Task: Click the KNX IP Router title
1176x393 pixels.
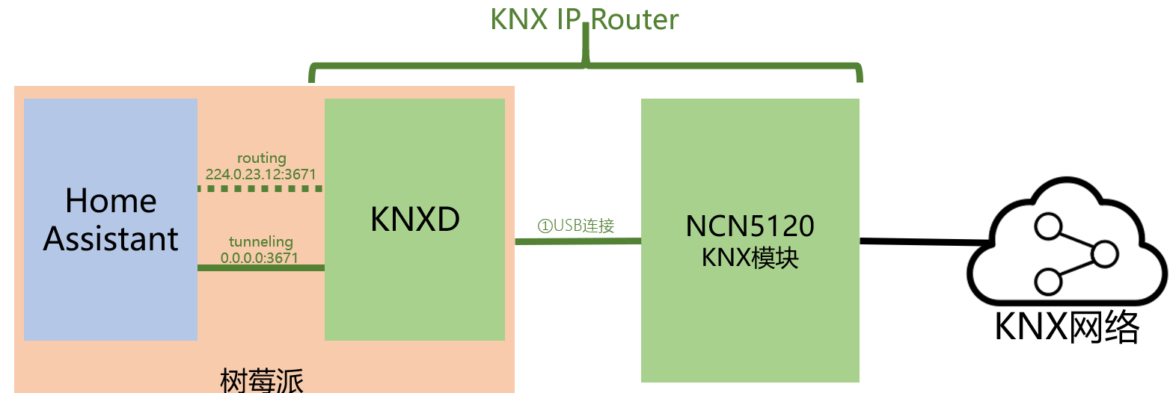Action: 584,19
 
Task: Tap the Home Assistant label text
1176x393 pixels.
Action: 111,220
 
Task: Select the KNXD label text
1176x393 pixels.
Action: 414,219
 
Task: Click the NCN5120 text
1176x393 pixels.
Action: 750,226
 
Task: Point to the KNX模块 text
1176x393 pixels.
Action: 750,258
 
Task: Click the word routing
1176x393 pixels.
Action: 261,158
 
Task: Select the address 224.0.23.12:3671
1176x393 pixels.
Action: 260,174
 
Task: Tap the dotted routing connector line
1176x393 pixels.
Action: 261,188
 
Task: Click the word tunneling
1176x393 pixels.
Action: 261,241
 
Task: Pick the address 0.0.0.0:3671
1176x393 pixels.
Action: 260,258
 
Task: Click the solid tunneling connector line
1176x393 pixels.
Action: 261,267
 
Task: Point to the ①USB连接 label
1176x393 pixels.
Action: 575,226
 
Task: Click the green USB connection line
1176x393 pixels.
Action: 578,241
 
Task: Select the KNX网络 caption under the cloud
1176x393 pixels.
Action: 1067,327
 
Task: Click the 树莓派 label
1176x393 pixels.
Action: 261,381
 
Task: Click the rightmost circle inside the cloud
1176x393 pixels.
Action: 1105,255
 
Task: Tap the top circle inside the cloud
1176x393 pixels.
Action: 1048,226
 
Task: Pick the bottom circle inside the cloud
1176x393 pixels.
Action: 1048,282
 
